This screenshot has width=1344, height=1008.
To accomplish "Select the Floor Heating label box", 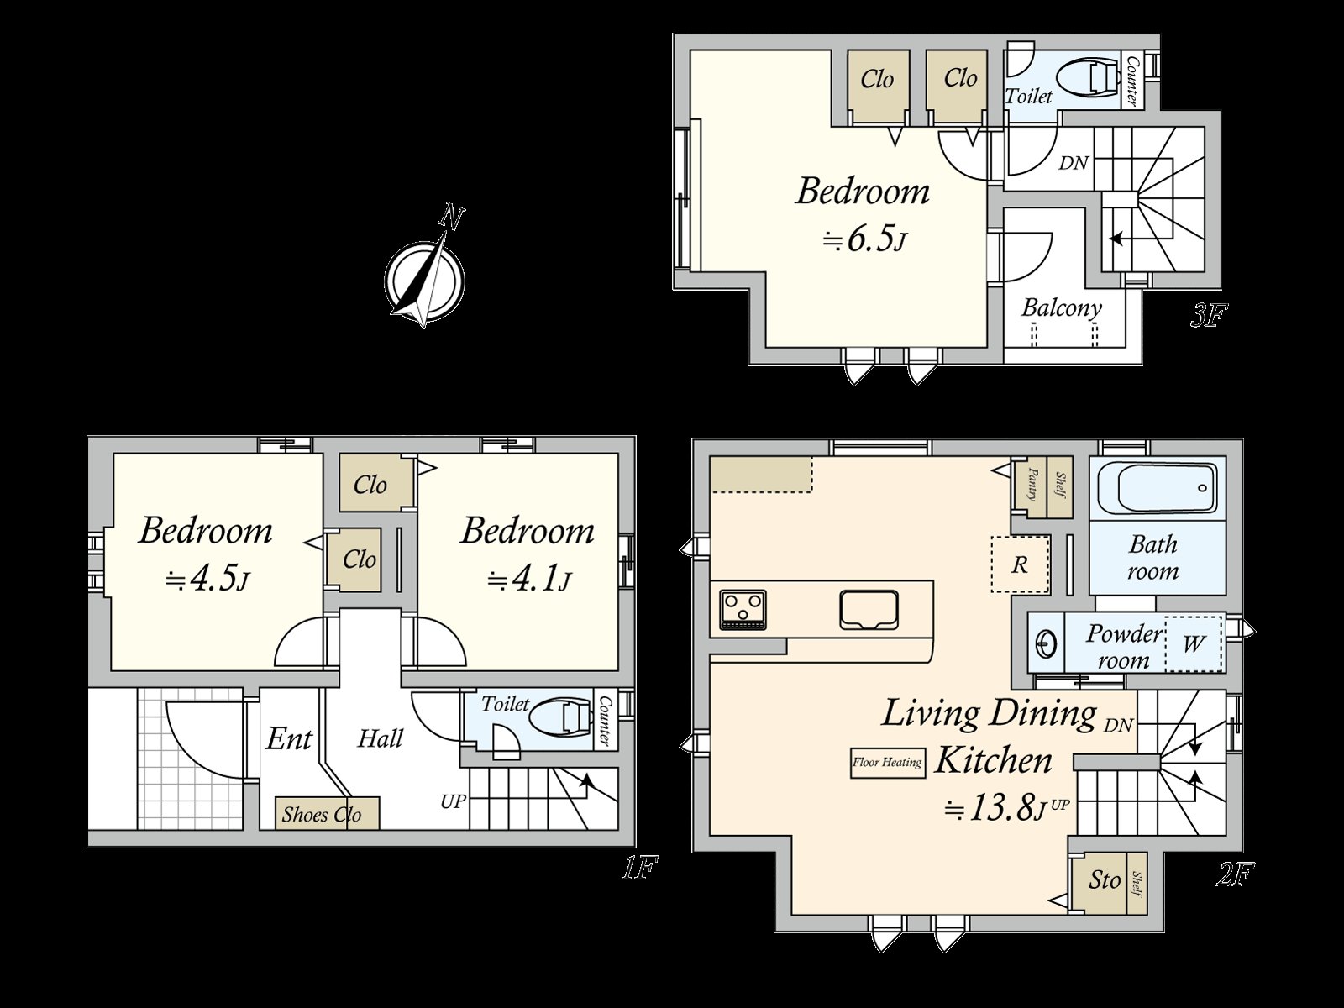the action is (887, 763).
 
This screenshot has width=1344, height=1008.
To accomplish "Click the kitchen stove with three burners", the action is (743, 609).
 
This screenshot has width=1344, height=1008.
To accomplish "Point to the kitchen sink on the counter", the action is (869, 610).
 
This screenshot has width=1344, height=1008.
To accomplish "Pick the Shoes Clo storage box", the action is (328, 813).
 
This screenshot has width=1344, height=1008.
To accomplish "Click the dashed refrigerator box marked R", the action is (1020, 564).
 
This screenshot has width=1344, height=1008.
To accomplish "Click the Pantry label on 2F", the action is (1032, 485).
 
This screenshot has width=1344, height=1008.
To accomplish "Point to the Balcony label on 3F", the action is (1061, 307).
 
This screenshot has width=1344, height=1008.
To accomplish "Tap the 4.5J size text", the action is (208, 580).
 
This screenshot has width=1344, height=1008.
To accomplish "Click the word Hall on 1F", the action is (381, 738).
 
